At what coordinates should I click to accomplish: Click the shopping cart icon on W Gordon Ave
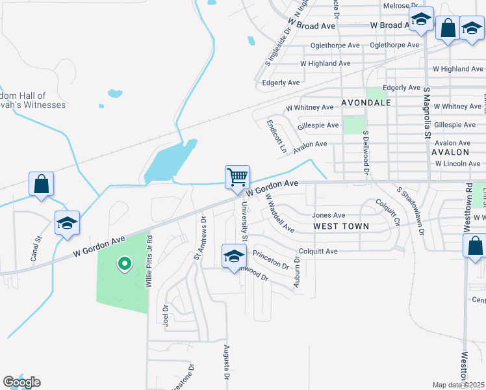pos(238,177)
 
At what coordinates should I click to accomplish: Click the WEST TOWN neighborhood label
pos(341,226)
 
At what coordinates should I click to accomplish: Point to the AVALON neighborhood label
pos(450,151)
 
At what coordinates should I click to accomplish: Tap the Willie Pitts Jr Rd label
pos(149,266)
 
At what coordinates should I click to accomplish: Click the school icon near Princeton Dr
pos(234,255)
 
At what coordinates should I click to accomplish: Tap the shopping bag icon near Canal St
pos(41,184)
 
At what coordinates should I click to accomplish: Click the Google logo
pos(21,382)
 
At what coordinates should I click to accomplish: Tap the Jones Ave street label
pos(329,215)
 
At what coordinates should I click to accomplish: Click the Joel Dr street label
pos(165,315)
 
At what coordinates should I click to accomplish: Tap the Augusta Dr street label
pos(227,363)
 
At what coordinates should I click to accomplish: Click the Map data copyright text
pos(459,385)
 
